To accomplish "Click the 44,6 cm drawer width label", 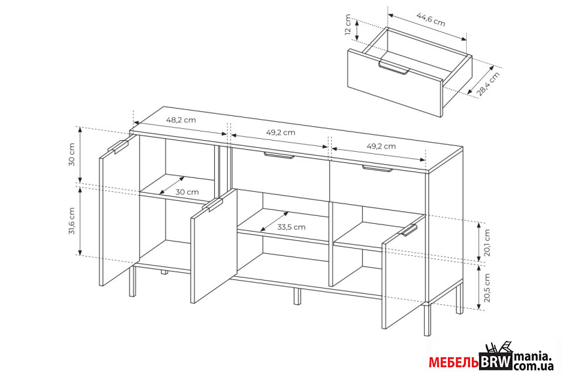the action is [x=431, y=20].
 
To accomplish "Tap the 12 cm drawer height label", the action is [x=348, y=25].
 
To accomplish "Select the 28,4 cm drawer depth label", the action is [x=488, y=84].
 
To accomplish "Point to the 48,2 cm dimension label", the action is [x=181, y=120].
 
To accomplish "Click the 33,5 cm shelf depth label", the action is [x=291, y=227].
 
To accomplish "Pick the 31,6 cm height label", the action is [x=72, y=221].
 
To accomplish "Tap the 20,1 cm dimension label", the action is [x=487, y=243].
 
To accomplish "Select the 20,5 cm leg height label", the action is [x=487, y=287].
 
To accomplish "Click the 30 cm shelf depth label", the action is [x=187, y=192].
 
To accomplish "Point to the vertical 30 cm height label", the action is [x=72, y=154].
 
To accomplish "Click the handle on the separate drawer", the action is [x=393, y=68].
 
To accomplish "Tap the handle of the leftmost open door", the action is [x=118, y=146].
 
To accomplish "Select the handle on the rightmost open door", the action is [x=409, y=230].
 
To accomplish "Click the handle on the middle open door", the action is [x=213, y=205].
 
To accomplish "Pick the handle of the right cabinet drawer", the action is [x=377, y=169].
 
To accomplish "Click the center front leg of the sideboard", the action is [x=297, y=296].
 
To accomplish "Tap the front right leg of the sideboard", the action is [x=427, y=319].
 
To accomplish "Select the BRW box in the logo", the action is [x=496, y=361].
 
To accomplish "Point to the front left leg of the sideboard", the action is [x=132, y=281].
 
